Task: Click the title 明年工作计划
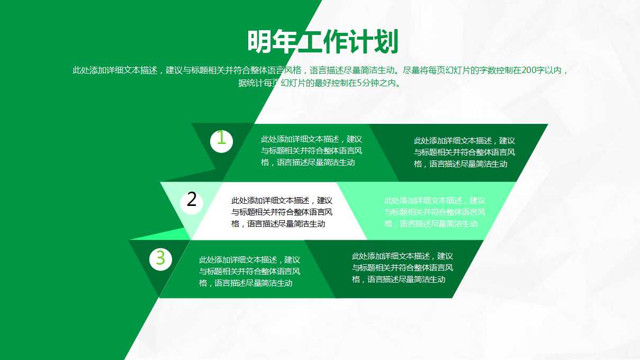322,42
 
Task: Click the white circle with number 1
221,140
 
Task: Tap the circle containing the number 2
192,201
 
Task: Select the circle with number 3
160,259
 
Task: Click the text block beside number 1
311,151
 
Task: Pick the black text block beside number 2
282,212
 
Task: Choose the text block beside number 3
249,272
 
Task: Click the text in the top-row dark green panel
464,152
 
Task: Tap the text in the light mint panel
435,212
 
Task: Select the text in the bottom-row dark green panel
402,267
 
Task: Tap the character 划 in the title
386,42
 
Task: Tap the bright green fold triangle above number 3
175,233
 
